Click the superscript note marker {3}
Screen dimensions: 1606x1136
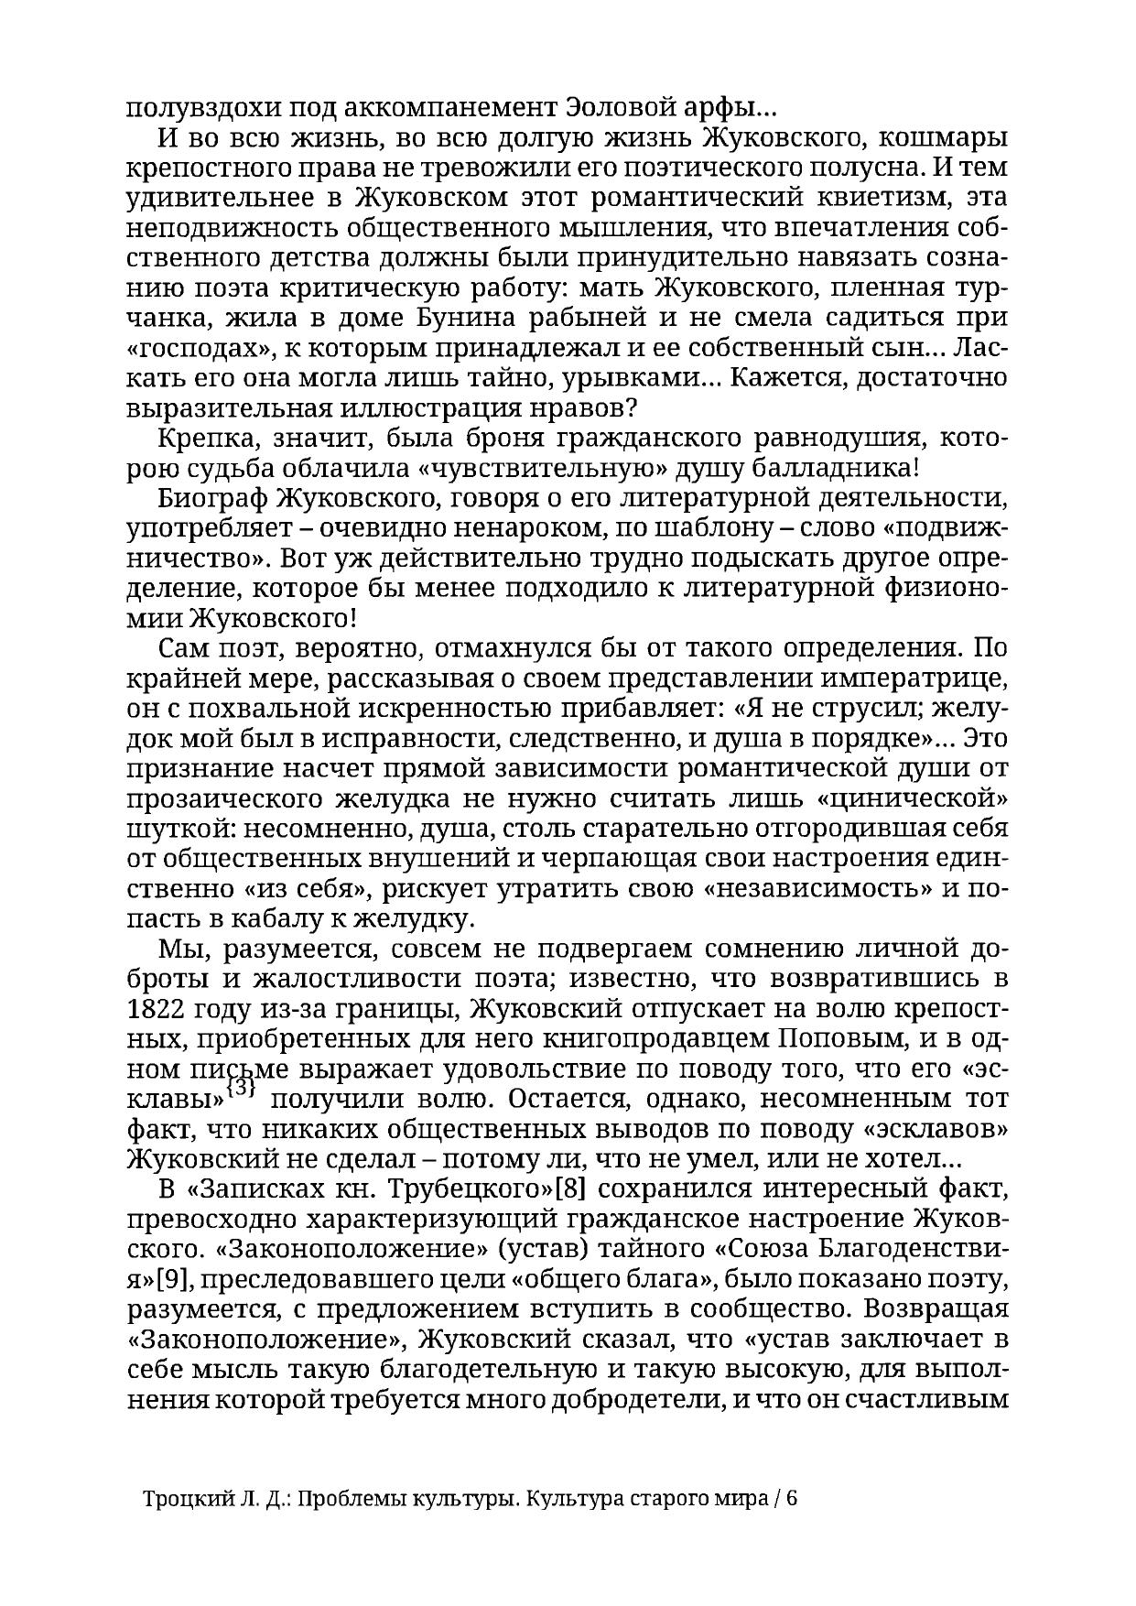pos(240,1089)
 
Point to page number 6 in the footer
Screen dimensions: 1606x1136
pos(792,1499)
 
